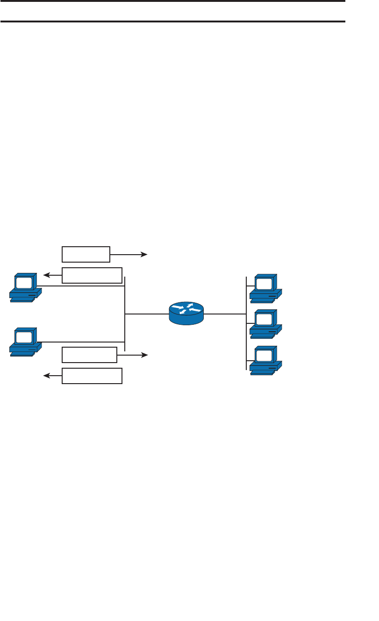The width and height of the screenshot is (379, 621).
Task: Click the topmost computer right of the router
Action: pyautogui.click(x=265, y=287)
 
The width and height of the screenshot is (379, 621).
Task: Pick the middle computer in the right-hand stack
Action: pyautogui.click(x=265, y=323)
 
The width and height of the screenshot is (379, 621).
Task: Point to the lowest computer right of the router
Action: pyautogui.click(x=265, y=361)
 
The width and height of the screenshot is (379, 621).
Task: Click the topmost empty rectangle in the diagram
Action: pyautogui.click(x=86, y=254)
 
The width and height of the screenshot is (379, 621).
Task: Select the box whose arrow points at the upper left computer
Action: pyautogui.click(x=92, y=275)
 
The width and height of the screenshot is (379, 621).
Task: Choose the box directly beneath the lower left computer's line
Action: pyautogui.click(x=89, y=355)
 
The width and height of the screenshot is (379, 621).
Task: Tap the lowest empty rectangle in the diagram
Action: pyautogui.click(x=92, y=376)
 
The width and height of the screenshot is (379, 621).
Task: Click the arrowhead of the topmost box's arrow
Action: pyautogui.click(x=144, y=254)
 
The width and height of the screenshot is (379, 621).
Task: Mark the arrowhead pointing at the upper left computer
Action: pyautogui.click(x=46, y=275)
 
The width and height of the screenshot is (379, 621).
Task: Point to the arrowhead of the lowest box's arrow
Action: pyautogui.click(x=46, y=376)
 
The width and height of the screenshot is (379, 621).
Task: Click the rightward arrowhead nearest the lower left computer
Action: pyautogui.click(x=144, y=355)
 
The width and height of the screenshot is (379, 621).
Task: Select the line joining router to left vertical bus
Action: pyautogui.click(x=147, y=314)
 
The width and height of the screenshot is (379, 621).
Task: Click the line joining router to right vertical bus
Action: pyautogui.click(x=225, y=314)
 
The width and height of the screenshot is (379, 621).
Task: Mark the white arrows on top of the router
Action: pyautogui.click(x=186, y=308)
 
